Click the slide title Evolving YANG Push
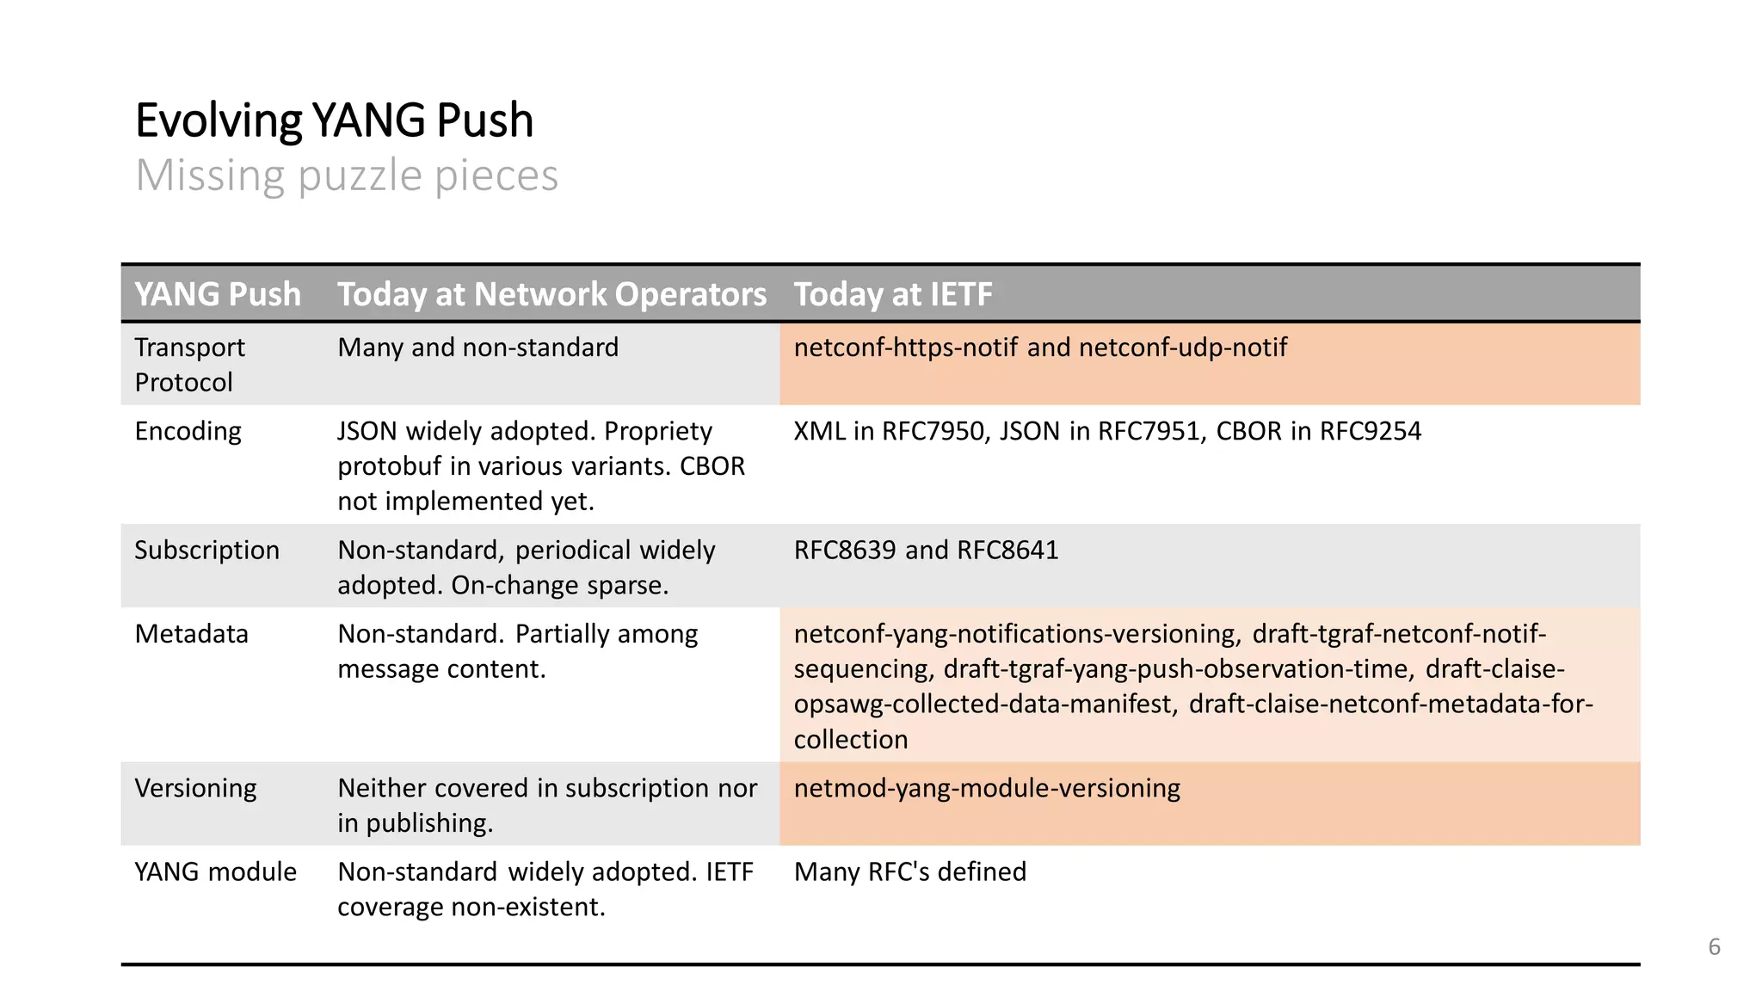pos(334,120)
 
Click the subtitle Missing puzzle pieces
pos(347,175)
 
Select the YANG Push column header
pos(218,294)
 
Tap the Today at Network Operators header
pos(551,294)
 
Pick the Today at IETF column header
pos(892,294)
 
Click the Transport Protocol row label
pos(189,365)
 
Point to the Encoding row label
pos(188,431)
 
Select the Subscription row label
pos(206,551)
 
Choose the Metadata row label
pos(191,634)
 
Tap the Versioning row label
pos(195,788)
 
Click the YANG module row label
pos(215,871)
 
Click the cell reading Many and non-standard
pos(477,348)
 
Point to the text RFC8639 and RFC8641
pos(926,551)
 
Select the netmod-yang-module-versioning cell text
pos(987,788)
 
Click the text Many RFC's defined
pos(910,871)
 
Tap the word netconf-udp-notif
pos(1182,348)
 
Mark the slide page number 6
pos(1714,947)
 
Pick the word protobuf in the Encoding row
pos(390,466)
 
